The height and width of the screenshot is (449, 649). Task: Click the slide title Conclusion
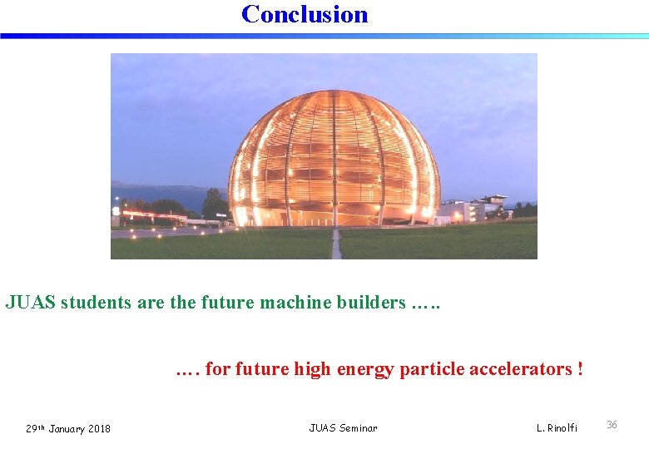[305, 14]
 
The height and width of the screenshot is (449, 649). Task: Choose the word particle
[432, 369]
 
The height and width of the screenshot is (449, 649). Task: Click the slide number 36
[612, 425]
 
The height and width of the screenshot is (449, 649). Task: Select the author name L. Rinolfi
[557, 428]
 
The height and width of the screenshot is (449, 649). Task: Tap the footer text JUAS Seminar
[343, 428]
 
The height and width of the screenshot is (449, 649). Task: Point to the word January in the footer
[66, 429]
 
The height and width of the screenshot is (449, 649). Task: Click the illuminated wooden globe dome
[334, 158]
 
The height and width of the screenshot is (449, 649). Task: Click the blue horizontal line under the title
[324, 36]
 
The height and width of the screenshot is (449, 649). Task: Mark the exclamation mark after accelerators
[579, 369]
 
